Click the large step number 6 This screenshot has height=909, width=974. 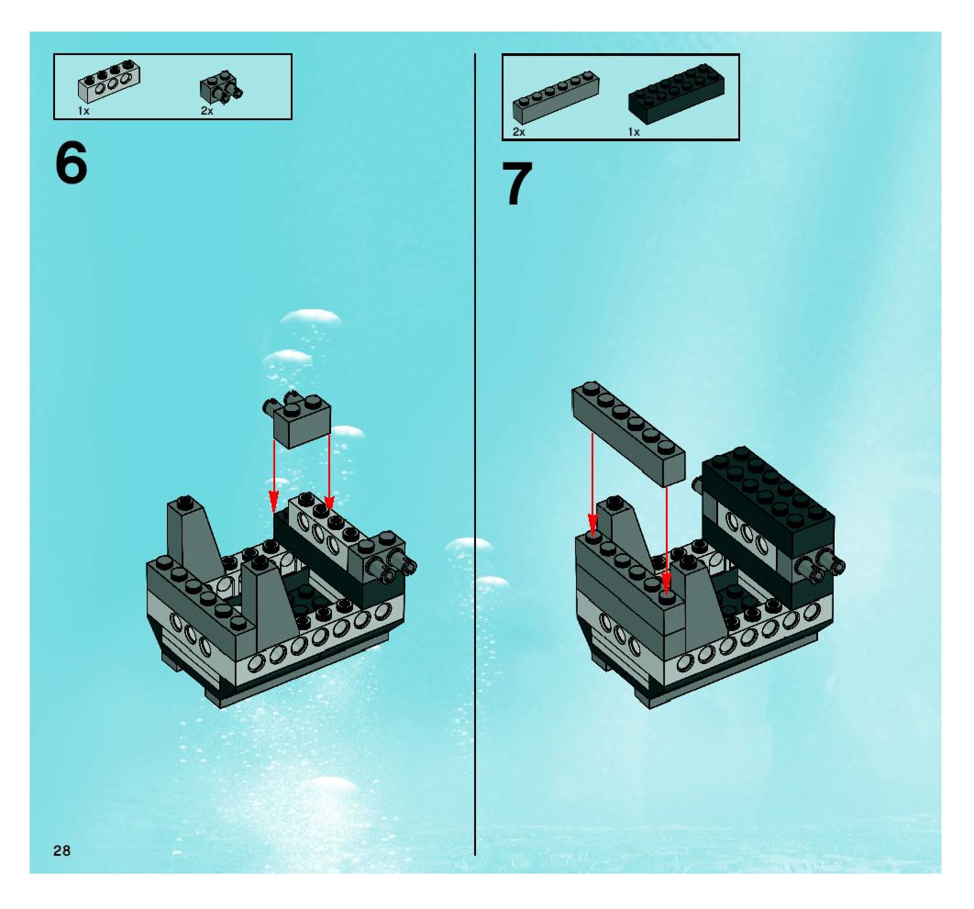[72, 163]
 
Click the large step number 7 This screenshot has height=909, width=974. [517, 184]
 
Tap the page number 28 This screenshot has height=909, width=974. [62, 851]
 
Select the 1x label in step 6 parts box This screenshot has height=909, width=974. [84, 111]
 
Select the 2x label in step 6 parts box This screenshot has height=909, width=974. [207, 111]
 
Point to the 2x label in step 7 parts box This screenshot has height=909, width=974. [519, 132]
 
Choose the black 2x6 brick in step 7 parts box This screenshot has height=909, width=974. [676, 93]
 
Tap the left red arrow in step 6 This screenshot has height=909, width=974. [274, 475]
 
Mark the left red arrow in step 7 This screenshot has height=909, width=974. [593, 485]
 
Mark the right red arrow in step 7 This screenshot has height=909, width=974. [666, 539]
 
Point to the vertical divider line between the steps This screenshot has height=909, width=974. [475, 441]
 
